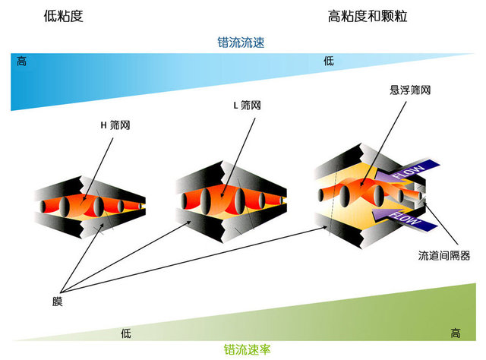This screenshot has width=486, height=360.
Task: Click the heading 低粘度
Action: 64,16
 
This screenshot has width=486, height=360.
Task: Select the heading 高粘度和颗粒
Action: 368,16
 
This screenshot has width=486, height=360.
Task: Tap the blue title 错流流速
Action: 241,43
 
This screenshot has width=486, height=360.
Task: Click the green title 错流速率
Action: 247,349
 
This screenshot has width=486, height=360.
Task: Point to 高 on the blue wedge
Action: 21,61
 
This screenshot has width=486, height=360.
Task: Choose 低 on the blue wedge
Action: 329,61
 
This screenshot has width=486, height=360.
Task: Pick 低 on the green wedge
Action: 126,333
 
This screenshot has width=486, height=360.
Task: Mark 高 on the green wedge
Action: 456,333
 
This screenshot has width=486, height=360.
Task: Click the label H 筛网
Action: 115,125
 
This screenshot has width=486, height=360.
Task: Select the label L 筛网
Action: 247,106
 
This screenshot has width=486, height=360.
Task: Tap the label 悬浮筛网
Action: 410,90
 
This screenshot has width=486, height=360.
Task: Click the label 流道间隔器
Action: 443,255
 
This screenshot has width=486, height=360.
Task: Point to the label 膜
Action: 58,302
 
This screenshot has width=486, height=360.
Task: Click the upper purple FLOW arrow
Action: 407,172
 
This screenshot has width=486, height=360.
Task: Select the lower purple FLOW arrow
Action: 404,219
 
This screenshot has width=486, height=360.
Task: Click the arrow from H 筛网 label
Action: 98,169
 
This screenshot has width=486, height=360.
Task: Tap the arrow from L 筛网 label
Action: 238,158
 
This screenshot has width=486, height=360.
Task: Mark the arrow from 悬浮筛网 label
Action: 383,144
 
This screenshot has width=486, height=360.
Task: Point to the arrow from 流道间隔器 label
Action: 440,223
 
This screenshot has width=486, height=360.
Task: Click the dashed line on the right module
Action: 333,200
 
